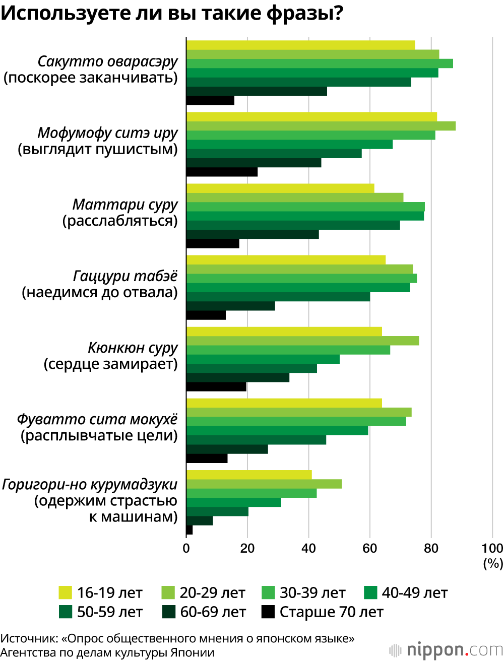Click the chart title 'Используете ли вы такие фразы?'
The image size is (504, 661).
pyautogui.click(x=172, y=14)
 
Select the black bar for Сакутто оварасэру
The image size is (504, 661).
pyautogui.click(x=210, y=100)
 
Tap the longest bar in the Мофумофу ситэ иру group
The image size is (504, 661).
pyautogui.click(x=321, y=126)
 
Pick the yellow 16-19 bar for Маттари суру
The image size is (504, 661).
pyautogui.click(x=280, y=188)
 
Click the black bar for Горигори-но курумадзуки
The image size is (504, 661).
pyautogui.click(x=190, y=530)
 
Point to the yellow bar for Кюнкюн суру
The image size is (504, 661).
pyautogui.click(x=284, y=332)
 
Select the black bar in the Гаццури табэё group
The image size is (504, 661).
pyautogui.click(x=206, y=315)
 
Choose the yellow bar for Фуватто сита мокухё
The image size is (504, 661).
pyautogui.click(x=284, y=403)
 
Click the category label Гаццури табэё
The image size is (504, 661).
pyautogui.click(x=125, y=276)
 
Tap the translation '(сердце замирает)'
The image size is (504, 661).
pyautogui.click(x=111, y=364)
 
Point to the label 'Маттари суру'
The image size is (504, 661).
pyautogui.click(x=125, y=205)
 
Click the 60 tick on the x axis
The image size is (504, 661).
pyautogui.click(x=369, y=548)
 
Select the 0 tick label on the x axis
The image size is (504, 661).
pyautogui.click(x=186, y=548)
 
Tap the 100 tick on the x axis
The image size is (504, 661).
pyautogui.click(x=492, y=548)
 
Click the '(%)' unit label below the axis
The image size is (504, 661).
pyautogui.click(x=493, y=563)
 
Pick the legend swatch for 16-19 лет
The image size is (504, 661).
pyautogui.click(x=66, y=593)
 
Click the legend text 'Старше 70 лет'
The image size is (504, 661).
pyautogui.click(x=331, y=612)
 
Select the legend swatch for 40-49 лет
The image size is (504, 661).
pyautogui.click(x=370, y=593)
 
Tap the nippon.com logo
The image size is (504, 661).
pyautogui.click(x=446, y=649)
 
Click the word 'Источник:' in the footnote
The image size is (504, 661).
pyautogui.click(x=29, y=638)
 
